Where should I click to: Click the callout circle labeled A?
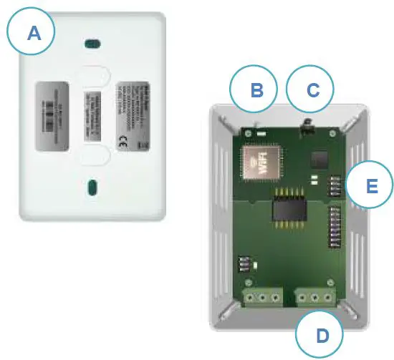click(31, 33)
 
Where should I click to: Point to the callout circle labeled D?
click(319, 333)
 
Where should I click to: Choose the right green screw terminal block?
click(316, 296)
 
